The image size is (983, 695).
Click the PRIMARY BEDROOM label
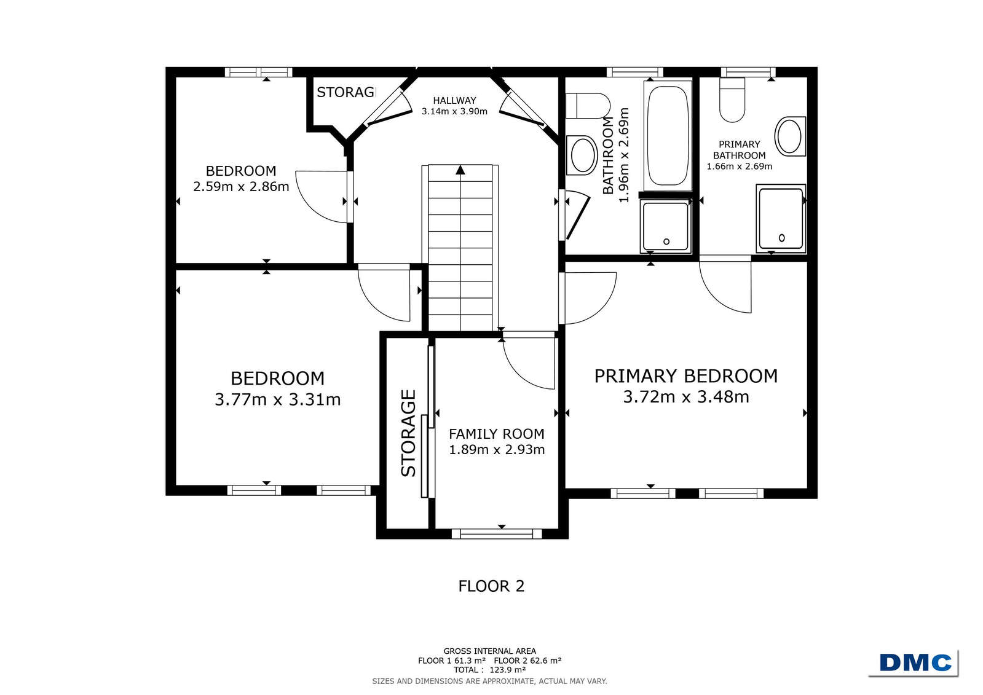(x=685, y=377)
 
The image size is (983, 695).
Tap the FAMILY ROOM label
(x=496, y=434)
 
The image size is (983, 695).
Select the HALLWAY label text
(x=454, y=101)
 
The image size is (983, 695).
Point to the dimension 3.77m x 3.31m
(x=277, y=399)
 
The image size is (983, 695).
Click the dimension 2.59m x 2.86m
(x=241, y=187)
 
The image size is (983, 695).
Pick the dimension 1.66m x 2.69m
(x=739, y=167)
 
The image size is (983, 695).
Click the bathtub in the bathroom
(x=667, y=136)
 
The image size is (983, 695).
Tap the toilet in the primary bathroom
(x=732, y=100)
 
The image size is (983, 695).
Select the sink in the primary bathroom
(x=790, y=136)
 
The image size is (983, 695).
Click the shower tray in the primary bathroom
(x=781, y=219)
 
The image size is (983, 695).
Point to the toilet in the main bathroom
(x=588, y=105)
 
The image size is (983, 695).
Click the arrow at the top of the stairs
(x=460, y=170)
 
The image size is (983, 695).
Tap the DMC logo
(x=915, y=662)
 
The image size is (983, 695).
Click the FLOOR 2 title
(x=491, y=586)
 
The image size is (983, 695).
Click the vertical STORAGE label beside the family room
(x=408, y=433)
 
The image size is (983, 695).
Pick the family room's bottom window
(x=496, y=533)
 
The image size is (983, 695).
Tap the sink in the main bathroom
(x=582, y=155)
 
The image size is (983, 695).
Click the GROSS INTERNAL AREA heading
(x=489, y=651)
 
